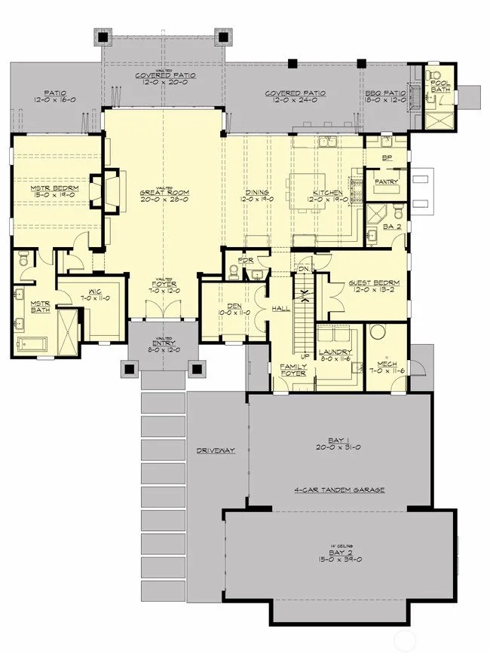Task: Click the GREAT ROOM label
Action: (164, 193)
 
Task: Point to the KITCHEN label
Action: (328, 194)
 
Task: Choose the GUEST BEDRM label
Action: (373, 283)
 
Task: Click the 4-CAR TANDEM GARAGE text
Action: (339, 490)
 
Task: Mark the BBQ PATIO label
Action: (385, 93)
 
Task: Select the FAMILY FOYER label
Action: (292, 369)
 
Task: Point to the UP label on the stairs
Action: (305, 355)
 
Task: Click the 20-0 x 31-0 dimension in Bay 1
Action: (339, 447)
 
